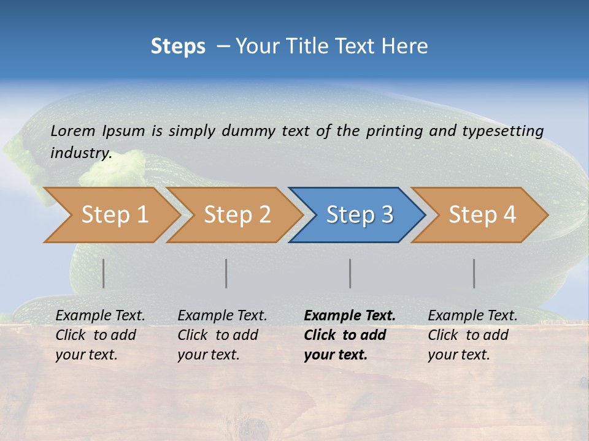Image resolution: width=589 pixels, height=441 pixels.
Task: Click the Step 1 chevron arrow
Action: [x=114, y=215]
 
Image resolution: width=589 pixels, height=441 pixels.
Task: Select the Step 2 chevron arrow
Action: [x=237, y=215]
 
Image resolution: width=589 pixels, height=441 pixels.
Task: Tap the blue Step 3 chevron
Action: [x=360, y=215]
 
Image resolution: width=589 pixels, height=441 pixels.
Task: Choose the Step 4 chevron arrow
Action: [x=482, y=215]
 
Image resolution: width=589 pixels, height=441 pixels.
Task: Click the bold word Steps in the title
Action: [x=178, y=47]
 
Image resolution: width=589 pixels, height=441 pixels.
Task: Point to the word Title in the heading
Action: [x=304, y=47]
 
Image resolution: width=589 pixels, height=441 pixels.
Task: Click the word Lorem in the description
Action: [x=73, y=130]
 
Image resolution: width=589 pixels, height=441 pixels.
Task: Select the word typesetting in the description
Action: [x=502, y=130]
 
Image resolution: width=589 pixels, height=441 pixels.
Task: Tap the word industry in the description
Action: [x=81, y=153]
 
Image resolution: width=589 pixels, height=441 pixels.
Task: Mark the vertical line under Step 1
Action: [x=104, y=273]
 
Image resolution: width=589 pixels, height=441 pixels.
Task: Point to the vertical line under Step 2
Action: [x=226, y=273]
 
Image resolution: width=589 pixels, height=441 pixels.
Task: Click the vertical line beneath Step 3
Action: [x=350, y=273]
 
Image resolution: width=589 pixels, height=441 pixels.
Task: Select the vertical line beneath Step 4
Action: [x=474, y=273]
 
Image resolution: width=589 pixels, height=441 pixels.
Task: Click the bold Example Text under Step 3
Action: [x=350, y=316]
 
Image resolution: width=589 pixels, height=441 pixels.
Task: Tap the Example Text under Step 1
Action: [x=100, y=316]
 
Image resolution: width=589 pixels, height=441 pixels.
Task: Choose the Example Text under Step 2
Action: [x=222, y=316]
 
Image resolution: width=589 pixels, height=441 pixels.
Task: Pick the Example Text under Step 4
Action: [x=472, y=316]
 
